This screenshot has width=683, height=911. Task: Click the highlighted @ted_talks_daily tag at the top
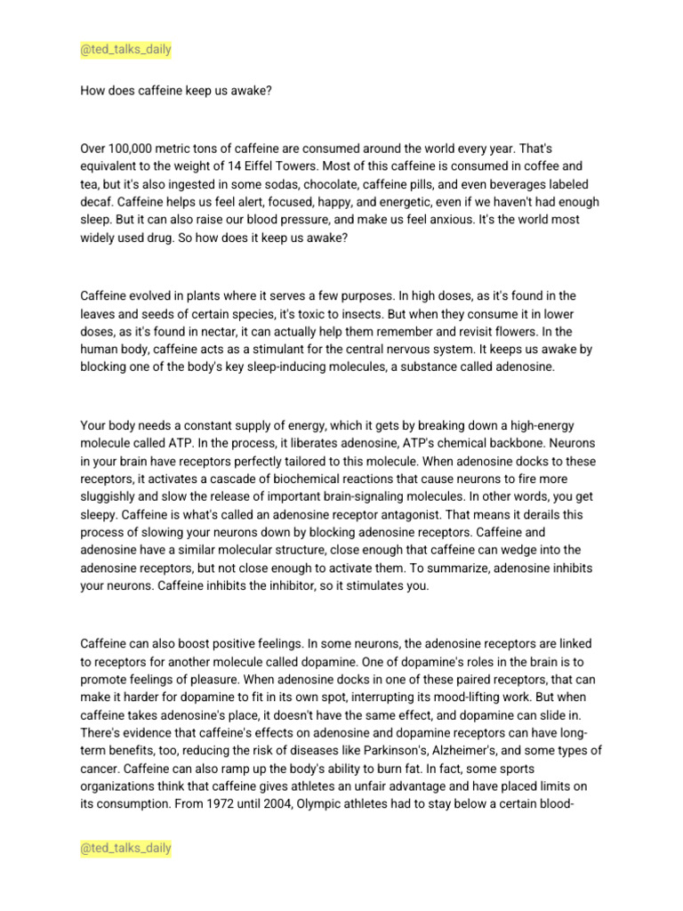pos(125,50)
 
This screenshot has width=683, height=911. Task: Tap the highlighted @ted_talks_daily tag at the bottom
pos(125,849)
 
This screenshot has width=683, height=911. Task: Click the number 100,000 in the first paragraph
pos(134,148)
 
